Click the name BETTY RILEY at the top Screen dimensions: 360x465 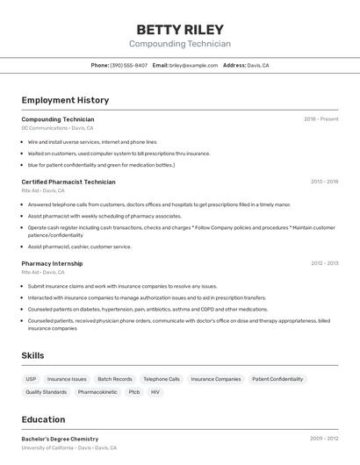coord(180,29)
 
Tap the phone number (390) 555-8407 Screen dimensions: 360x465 coord(128,65)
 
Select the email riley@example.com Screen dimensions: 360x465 coord(193,65)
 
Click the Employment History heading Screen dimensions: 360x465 coord(65,100)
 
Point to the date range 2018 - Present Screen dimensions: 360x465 coord(320,119)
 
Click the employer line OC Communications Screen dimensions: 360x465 coord(57,128)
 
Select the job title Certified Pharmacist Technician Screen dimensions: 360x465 coord(68,182)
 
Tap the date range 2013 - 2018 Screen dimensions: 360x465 coord(324,182)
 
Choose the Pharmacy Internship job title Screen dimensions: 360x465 coord(52,263)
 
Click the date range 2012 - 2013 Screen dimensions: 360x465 coord(324,263)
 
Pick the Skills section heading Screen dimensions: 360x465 coord(32,355)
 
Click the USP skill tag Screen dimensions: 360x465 coord(32,379)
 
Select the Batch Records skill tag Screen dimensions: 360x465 coord(115,379)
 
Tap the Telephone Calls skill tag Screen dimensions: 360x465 coord(162,379)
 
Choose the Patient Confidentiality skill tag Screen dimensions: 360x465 coord(277,379)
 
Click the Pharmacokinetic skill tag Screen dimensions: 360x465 coord(97,392)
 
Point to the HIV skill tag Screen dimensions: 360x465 coord(155,392)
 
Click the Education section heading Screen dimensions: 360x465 coord(43,419)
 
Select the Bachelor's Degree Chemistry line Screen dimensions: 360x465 coord(60,439)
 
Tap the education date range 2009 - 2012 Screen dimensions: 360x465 coord(324,439)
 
